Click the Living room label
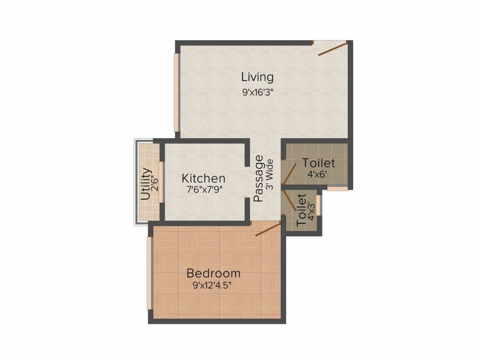coord(257,76)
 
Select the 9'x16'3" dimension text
coord(257,92)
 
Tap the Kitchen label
coord(203,179)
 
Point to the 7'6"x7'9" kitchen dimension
coord(203,191)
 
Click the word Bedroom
coord(213,273)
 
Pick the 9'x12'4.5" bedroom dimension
coord(213,285)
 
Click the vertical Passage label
coord(258,179)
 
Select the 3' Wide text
coord(269,173)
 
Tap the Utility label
coord(146,184)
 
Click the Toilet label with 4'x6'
coord(319,163)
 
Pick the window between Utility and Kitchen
coord(160,182)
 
